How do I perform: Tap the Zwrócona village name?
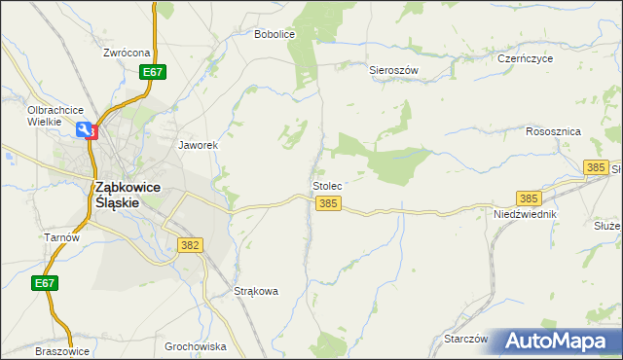(128, 53)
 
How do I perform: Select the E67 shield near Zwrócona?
(152, 72)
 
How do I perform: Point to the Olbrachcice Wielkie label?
(55, 115)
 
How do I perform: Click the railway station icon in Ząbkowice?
(89, 130)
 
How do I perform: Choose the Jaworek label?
(198, 145)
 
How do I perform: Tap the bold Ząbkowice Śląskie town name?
(127, 195)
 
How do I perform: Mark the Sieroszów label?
(393, 70)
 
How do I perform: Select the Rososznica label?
(553, 130)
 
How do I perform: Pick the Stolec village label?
(327, 185)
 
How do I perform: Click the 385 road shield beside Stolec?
(328, 203)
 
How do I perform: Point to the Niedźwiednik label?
(525, 213)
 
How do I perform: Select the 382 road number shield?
(191, 245)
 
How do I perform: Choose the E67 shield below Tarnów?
(43, 282)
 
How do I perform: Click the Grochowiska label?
(195, 346)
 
